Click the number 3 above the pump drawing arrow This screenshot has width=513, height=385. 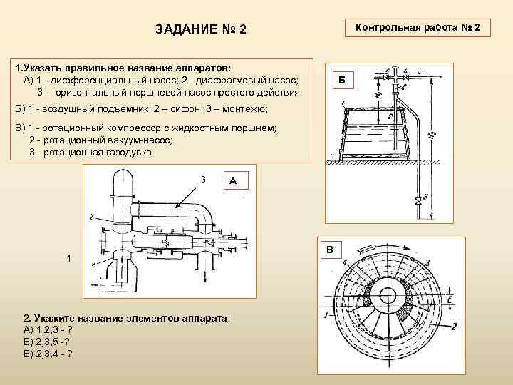pos(203,178)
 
